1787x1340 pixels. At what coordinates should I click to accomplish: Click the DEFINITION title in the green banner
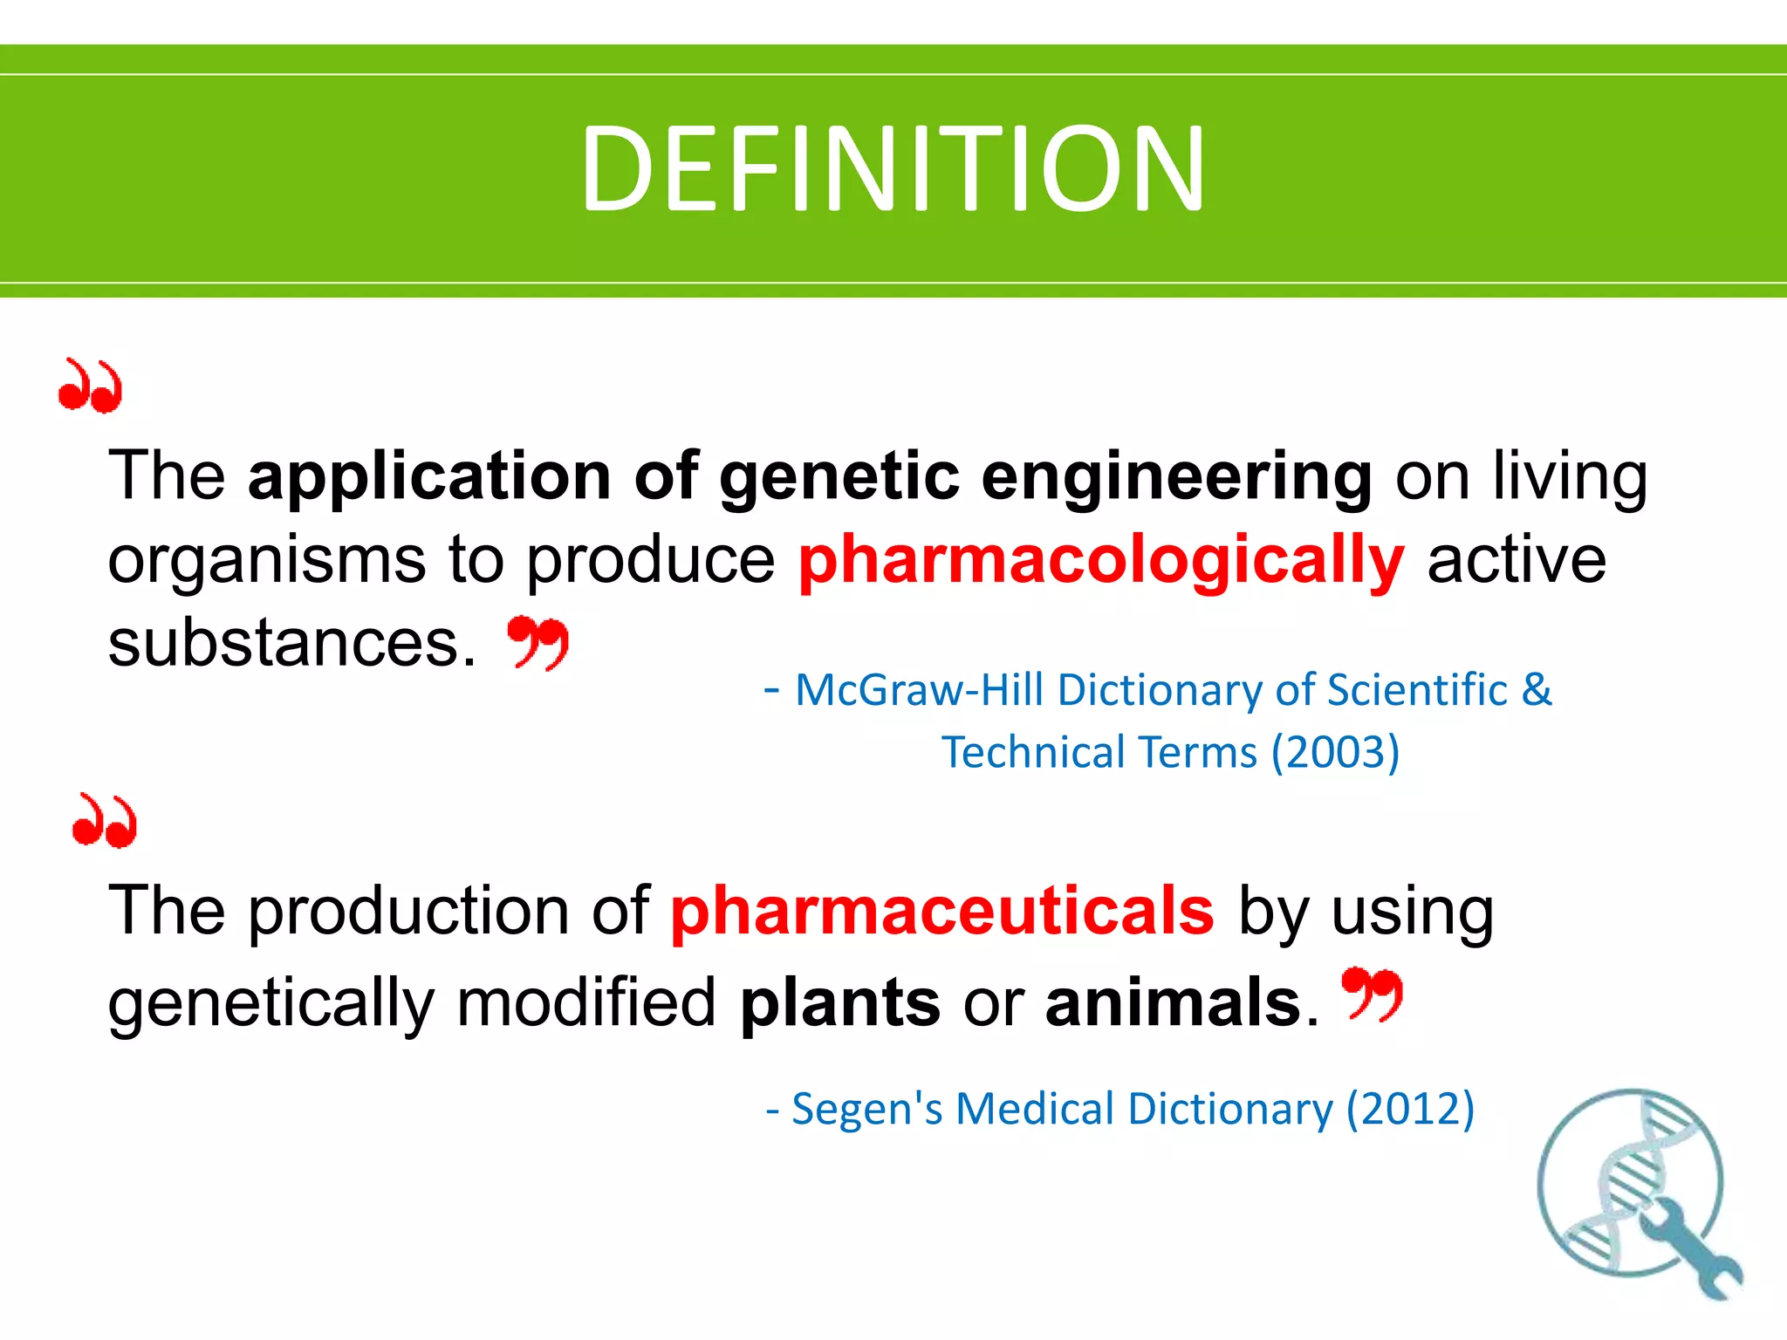(x=893, y=168)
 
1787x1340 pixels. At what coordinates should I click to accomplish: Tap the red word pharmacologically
(x=1101, y=561)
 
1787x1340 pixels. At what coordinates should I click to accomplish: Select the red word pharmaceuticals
(x=942, y=911)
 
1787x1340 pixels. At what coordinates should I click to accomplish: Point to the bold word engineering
(x=1177, y=478)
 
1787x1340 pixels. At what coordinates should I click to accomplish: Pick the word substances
(x=292, y=643)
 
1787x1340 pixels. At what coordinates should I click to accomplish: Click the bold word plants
(x=840, y=1002)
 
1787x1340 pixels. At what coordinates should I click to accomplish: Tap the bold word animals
(x=1174, y=1002)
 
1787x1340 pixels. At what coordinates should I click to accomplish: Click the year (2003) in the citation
(x=1335, y=752)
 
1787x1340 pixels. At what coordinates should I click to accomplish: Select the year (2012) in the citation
(x=1410, y=1109)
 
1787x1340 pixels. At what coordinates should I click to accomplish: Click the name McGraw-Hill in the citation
(x=920, y=690)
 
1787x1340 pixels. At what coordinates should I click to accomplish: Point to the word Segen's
(x=866, y=1109)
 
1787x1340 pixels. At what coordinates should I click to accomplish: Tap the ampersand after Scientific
(x=1537, y=689)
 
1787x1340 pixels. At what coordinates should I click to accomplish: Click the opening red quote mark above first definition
(x=90, y=386)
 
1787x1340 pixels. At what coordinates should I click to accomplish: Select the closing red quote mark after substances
(x=538, y=641)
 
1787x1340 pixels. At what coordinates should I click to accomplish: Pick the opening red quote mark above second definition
(x=105, y=821)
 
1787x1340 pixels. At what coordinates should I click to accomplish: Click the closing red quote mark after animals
(x=1373, y=993)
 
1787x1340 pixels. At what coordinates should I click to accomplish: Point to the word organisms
(x=267, y=561)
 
